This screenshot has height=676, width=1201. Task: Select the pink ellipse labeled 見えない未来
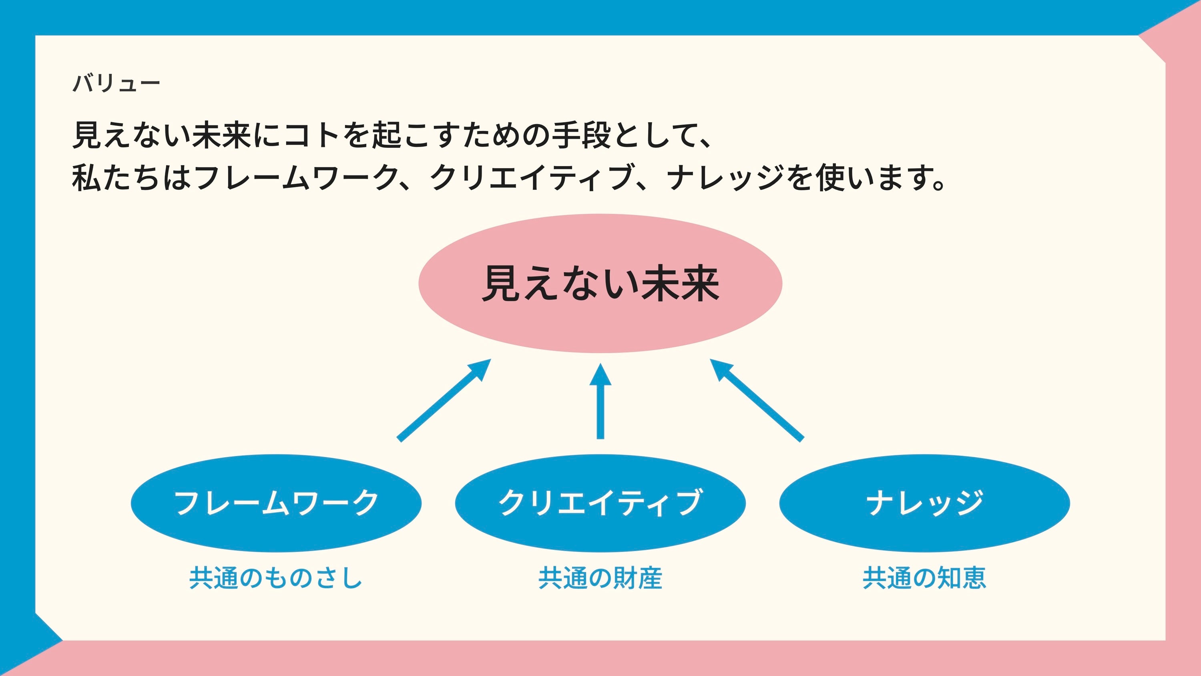[x=600, y=283]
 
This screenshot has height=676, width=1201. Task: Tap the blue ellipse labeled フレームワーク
[x=276, y=503]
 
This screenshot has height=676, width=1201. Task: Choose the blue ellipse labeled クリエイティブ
[x=600, y=503]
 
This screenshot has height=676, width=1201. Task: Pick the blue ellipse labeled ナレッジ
[x=924, y=503]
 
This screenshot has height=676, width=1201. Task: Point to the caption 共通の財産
[x=600, y=577]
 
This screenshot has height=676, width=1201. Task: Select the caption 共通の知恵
[x=924, y=577]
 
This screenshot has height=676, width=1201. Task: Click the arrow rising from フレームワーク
[x=444, y=399]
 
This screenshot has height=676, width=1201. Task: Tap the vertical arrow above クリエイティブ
[x=600, y=401]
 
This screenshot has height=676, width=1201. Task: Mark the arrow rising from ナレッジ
[x=757, y=399]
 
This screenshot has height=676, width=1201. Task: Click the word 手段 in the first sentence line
[x=581, y=135]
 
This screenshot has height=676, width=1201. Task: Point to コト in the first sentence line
[x=312, y=135]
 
